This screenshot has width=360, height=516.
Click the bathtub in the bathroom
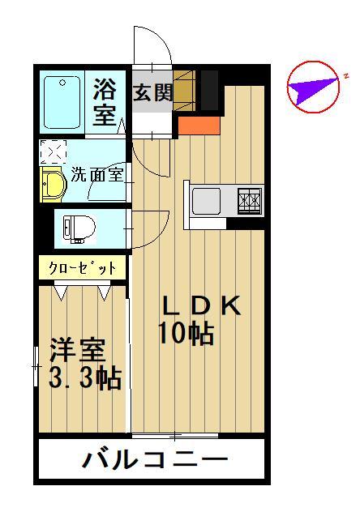click(x=62, y=103)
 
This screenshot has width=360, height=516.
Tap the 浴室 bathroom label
click(x=105, y=102)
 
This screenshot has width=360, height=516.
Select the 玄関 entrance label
click(x=152, y=92)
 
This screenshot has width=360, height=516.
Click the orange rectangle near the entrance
click(x=199, y=126)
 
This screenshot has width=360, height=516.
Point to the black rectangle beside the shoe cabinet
click(x=209, y=90)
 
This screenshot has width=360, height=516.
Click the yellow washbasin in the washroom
click(x=53, y=184)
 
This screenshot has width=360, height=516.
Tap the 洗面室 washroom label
click(x=97, y=174)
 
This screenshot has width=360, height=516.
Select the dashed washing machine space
click(x=53, y=151)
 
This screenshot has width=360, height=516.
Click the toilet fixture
click(x=79, y=229)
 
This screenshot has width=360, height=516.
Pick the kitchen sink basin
click(x=207, y=200)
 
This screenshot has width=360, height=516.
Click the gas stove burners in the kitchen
click(x=250, y=200)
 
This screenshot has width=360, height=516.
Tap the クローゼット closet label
click(x=83, y=268)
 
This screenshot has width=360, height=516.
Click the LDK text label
click(x=202, y=306)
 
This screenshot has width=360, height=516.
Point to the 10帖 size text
click(x=186, y=333)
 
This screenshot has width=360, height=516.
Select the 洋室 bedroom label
click(x=78, y=350)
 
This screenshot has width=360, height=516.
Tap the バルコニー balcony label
click(x=155, y=458)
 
